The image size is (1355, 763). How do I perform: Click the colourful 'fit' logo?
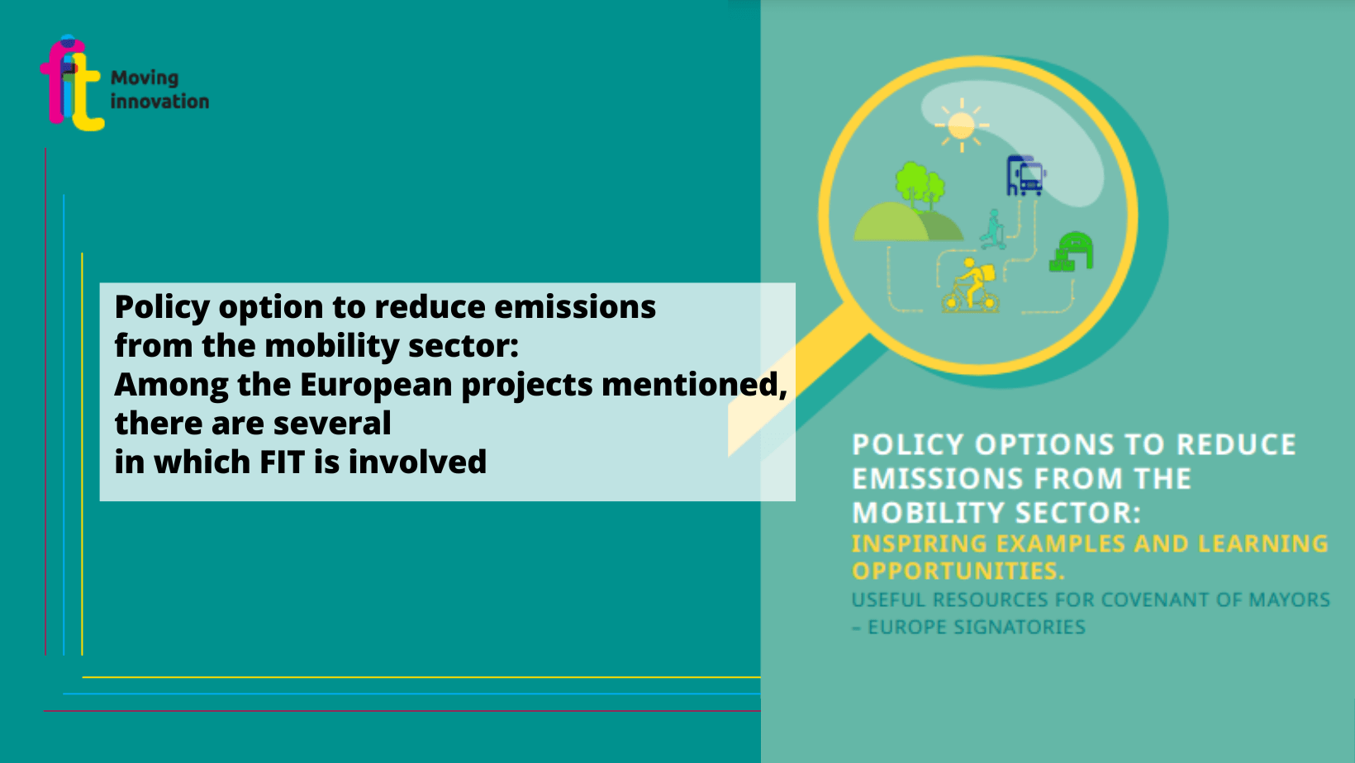point(71,83)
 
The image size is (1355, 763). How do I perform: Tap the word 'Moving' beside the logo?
point(145,78)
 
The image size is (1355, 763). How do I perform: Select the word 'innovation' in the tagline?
point(159,101)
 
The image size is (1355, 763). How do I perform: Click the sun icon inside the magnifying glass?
point(961,126)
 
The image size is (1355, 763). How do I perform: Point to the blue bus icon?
point(1026,175)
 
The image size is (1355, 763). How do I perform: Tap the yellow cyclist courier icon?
point(969,286)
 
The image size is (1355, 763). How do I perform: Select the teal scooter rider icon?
point(993,230)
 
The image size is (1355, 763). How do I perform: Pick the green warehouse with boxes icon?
point(1072,252)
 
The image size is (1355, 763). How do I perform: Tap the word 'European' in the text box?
point(376,385)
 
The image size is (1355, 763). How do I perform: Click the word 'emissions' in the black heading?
point(575,306)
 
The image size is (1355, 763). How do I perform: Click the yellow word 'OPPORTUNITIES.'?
point(958,571)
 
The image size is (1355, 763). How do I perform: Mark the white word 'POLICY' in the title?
point(907,444)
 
